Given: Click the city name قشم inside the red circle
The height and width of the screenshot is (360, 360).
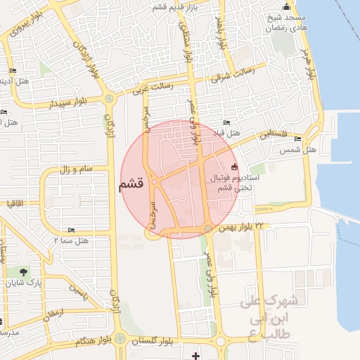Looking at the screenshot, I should tap(131, 185).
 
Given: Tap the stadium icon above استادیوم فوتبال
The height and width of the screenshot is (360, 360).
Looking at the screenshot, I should tap(234, 167).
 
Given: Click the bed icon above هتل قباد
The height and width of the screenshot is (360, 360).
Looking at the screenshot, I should tap(226, 123).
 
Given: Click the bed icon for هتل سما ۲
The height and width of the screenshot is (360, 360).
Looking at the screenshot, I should tap(71, 231).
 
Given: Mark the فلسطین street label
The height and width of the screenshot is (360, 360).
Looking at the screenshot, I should tap(267, 133).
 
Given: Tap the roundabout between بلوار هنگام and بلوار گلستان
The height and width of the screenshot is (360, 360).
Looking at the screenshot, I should tap(120, 339).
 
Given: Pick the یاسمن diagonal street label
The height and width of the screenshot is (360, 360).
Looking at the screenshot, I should tap(78, 290).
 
